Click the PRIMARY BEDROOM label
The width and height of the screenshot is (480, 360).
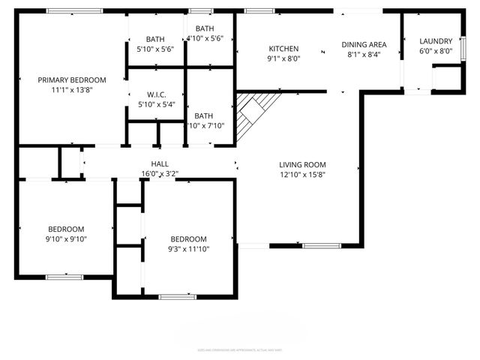click(x=72, y=79)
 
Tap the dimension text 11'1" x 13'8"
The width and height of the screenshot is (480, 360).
click(x=72, y=90)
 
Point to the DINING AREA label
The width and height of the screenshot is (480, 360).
click(x=364, y=44)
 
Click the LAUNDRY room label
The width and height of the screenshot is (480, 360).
click(x=435, y=41)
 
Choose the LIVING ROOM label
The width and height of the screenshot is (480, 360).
click(x=302, y=164)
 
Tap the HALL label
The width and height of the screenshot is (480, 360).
click(x=159, y=163)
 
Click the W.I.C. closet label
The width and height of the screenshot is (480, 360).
click(x=155, y=95)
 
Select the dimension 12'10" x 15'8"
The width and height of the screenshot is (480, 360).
click(x=302, y=174)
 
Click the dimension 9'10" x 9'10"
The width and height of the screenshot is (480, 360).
click(x=66, y=239)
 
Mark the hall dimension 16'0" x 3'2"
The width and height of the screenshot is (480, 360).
click(x=159, y=173)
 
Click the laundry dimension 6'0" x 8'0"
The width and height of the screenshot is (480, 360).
click(x=435, y=51)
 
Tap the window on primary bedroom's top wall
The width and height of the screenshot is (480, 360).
click(x=74, y=10)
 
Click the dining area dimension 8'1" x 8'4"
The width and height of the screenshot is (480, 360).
click(x=364, y=54)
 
